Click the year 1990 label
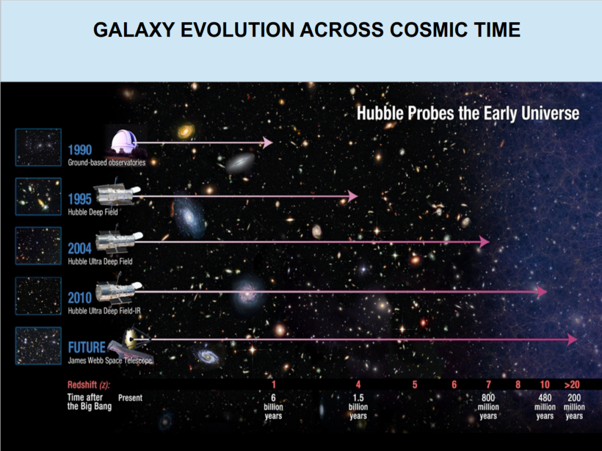pyautogui.click(x=80, y=150)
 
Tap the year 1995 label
pyautogui.click(x=80, y=199)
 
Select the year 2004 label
pyautogui.click(x=80, y=248)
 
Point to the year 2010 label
pyautogui.click(x=80, y=298)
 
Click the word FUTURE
pyautogui.click(x=87, y=348)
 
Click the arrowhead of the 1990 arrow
pyautogui.click(x=267, y=143)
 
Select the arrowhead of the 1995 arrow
pyautogui.click(x=353, y=196)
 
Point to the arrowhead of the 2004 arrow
pyautogui.click(x=484, y=241)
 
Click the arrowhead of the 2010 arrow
pyautogui.click(x=542, y=292)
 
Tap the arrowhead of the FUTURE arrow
pyautogui.click(x=573, y=339)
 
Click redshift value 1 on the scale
pyautogui.click(x=274, y=385)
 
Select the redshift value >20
pyautogui.click(x=572, y=385)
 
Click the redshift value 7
pyautogui.click(x=489, y=385)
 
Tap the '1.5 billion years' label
pyautogui.click(x=358, y=407)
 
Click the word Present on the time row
pyautogui.click(x=130, y=398)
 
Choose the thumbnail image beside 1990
pyautogui.click(x=38, y=147)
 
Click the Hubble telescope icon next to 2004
pyautogui.click(x=119, y=242)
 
